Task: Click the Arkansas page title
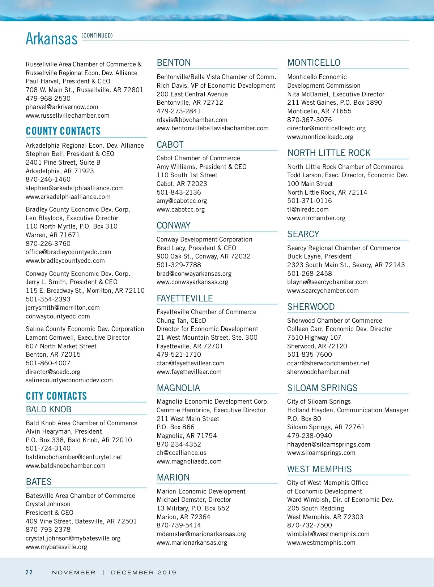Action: pyautogui.click(x=51, y=39)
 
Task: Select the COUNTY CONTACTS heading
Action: pyautogui.click(x=63, y=131)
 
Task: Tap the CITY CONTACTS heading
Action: pyautogui.click(x=56, y=396)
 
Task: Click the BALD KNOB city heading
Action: pyautogui.click(x=48, y=409)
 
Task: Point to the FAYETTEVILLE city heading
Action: pyautogui.click(x=184, y=299)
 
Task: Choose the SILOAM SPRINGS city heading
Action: pyautogui.click(x=322, y=388)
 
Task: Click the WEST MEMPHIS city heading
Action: pyautogui.click(x=319, y=469)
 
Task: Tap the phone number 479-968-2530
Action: pyautogui.click(x=48, y=98)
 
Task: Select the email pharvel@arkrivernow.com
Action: pyautogui.click(x=62, y=107)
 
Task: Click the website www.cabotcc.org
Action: pyautogui.click(x=180, y=209)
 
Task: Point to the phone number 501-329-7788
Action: pyautogui.click(x=179, y=265)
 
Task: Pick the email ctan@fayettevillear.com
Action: pyautogui.click(x=190, y=363)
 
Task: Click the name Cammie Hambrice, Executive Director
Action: pyautogui.click(x=211, y=410)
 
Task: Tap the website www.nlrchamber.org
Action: pyautogui.click(x=316, y=218)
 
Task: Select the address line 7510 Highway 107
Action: pyautogui.click(x=314, y=338)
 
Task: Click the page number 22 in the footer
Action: pyautogui.click(x=29, y=572)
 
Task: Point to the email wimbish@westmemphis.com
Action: pyautogui.click(x=328, y=534)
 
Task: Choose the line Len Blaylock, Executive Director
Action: pyautogui.click(x=72, y=218)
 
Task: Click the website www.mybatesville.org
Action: pyautogui.click(x=56, y=547)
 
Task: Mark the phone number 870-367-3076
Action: pyautogui.click(x=309, y=120)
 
